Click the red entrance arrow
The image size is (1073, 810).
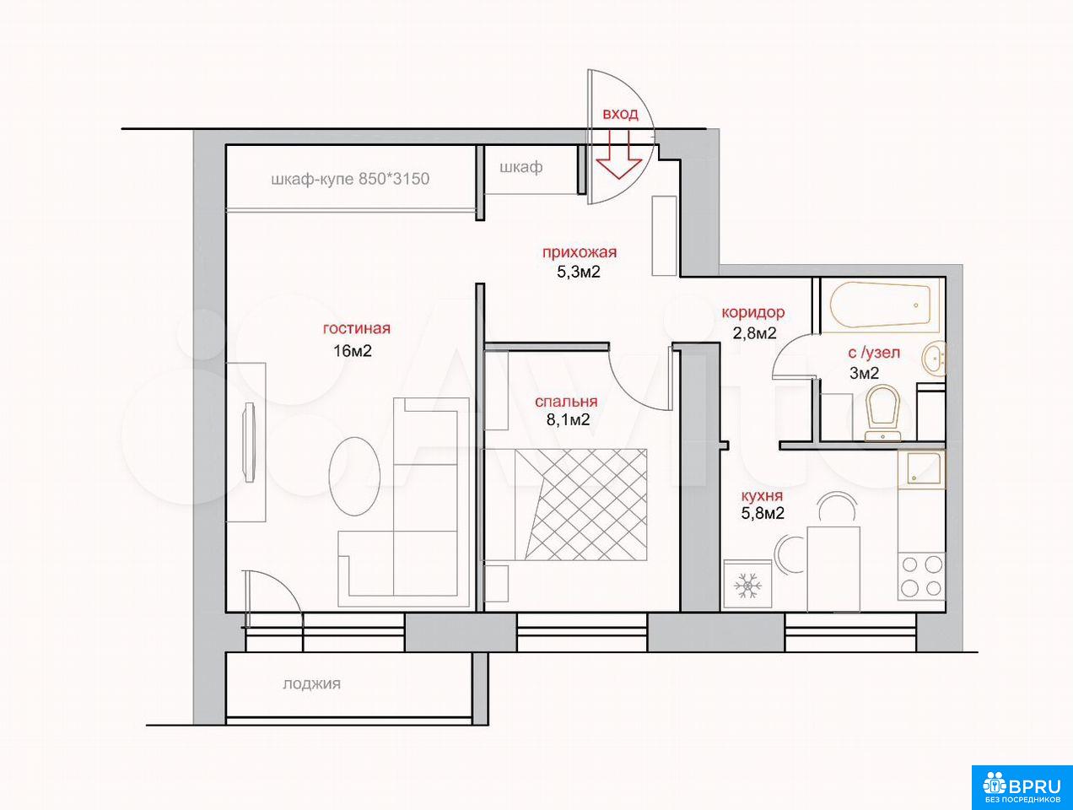tap(619, 154)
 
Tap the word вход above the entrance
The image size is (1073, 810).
tap(620, 114)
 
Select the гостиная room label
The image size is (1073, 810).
tap(356, 328)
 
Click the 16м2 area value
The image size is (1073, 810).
tap(353, 350)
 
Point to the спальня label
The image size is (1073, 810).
tap(566, 402)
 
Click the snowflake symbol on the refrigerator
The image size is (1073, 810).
tap(747, 585)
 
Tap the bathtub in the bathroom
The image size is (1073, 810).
tap(880, 305)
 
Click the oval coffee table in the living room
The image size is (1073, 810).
tap(354, 476)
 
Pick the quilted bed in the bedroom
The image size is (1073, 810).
tap(580, 505)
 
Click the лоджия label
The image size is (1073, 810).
tap(312, 684)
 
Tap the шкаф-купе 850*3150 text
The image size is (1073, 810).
tap(350, 179)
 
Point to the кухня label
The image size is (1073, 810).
tap(762, 495)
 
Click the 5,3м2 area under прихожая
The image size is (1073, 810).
tap(579, 272)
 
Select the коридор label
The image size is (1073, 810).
tap(753, 312)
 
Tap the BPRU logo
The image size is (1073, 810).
tap(1022, 786)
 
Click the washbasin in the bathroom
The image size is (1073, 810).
tap(934, 359)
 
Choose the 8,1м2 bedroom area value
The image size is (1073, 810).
tap(568, 419)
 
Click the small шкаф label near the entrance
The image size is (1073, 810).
tap(521, 167)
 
